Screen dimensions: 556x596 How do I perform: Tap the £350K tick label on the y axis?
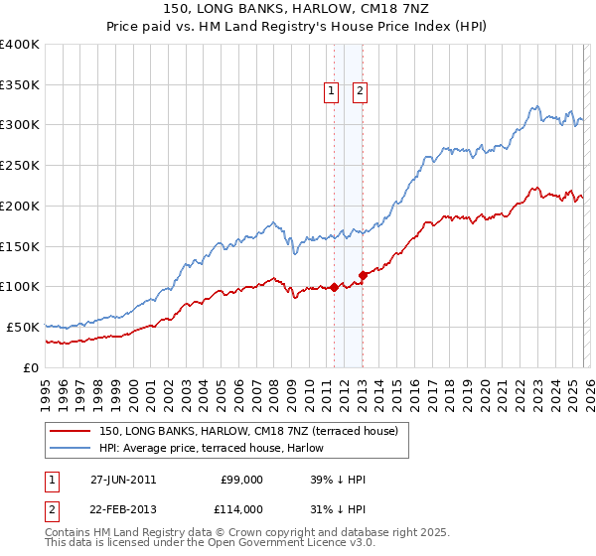tap(20, 84)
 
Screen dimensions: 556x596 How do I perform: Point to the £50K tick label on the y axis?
tap(23, 327)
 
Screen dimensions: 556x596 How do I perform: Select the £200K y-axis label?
tap(20, 206)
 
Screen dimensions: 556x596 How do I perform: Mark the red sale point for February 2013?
tap(363, 275)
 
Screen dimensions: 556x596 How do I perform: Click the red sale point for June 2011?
tap(334, 287)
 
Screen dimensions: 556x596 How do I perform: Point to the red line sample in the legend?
tap(72, 431)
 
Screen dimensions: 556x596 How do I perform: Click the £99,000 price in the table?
tap(242, 480)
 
